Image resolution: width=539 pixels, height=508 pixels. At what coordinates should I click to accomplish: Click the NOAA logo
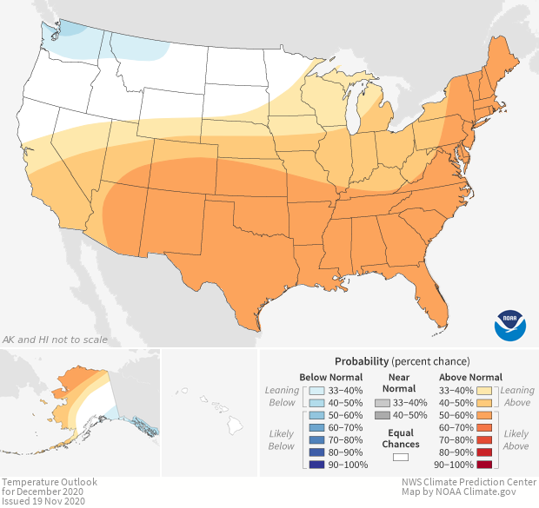(x=510, y=324)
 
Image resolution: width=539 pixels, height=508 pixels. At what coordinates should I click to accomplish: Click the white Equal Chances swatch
(x=401, y=457)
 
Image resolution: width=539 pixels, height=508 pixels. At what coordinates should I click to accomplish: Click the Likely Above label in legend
(x=516, y=439)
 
